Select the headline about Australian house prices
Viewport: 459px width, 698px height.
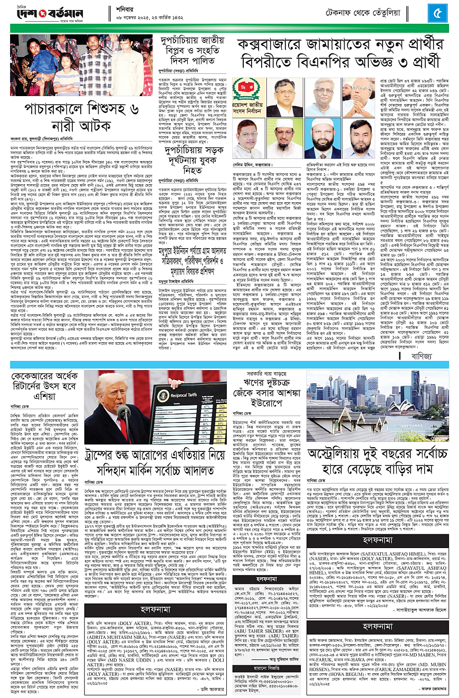click(x=377, y=451)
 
